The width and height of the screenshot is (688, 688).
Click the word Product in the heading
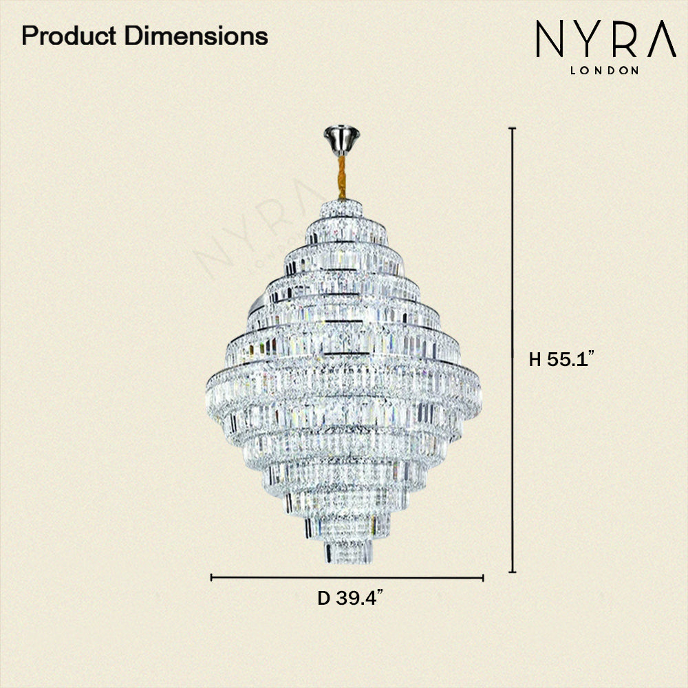(x=69, y=36)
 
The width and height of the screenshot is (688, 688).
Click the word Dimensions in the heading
(x=196, y=36)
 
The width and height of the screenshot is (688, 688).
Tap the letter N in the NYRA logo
(x=549, y=39)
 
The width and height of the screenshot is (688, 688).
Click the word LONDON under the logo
(x=604, y=70)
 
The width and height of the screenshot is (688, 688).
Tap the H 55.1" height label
(x=561, y=359)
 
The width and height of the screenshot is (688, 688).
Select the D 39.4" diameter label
(x=350, y=597)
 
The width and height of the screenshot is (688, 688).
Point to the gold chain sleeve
(x=341, y=178)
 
